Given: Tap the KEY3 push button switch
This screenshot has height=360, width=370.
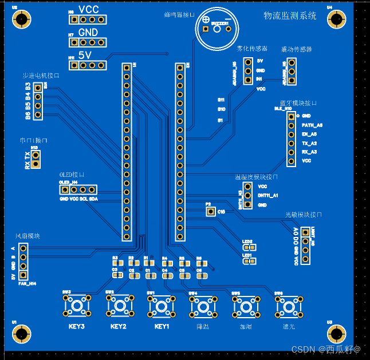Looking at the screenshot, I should click(x=77, y=306).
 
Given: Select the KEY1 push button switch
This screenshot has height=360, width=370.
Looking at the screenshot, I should click(x=161, y=306).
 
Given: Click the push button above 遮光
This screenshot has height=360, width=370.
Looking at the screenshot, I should click(x=287, y=307).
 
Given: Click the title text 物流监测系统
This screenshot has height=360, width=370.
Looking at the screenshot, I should click(x=290, y=16).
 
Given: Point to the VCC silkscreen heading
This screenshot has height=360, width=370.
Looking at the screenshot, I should click(x=89, y=9).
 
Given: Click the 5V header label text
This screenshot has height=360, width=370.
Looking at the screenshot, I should click(x=85, y=55).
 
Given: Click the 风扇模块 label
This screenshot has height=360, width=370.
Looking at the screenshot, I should click(x=27, y=236).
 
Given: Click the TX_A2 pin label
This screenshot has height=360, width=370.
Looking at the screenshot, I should click(x=309, y=143).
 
